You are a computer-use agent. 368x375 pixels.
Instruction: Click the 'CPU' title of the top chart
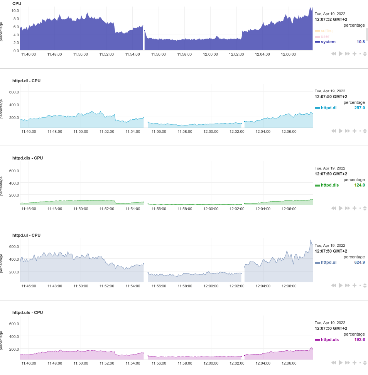pyautogui.click(x=17, y=3)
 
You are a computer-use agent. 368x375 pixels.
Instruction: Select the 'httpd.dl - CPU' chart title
pyautogui.click(x=26, y=81)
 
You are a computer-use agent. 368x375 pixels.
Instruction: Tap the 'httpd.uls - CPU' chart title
pyautogui.click(x=27, y=312)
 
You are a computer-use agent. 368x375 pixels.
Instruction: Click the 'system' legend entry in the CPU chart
pyautogui.click(x=328, y=42)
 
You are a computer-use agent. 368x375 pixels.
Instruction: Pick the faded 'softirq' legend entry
pyautogui.click(x=326, y=31)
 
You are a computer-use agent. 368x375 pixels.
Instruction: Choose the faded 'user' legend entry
pyautogui.click(x=325, y=36)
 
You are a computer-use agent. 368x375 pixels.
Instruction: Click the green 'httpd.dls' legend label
pyautogui.click(x=329, y=185)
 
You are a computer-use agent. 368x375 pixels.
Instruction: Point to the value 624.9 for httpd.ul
pyautogui.click(x=360, y=262)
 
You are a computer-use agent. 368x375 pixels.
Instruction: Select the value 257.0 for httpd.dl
pyautogui.click(x=360, y=108)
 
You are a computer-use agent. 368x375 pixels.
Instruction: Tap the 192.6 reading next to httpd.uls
pyautogui.click(x=360, y=339)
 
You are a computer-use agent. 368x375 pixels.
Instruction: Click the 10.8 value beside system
pyautogui.click(x=361, y=42)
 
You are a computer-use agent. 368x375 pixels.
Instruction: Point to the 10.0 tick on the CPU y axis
pyautogui.click(x=15, y=10)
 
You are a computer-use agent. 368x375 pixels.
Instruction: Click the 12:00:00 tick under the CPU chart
pyautogui.click(x=210, y=54)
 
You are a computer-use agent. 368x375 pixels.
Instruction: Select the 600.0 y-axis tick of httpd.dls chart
pyautogui.click(x=14, y=171)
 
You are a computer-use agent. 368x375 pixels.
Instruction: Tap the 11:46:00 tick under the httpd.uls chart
pyautogui.click(x=29, y=363)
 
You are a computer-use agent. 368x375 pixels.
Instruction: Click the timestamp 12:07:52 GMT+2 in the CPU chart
pyautogui.click(x=331, y=19)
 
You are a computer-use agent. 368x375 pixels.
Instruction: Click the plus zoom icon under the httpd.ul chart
pyautogui.click(x=354, y=285)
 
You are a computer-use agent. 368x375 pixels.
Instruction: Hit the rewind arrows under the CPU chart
pyautogui.click(x=334, y=54)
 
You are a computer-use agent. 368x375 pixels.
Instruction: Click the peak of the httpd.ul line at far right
pyautogui.click(x=311, y=241)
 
